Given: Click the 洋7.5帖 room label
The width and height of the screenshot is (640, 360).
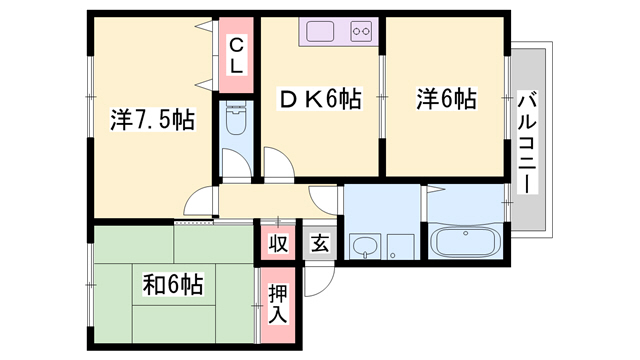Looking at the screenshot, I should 151,121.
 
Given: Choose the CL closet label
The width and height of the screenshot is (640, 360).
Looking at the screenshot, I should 237,54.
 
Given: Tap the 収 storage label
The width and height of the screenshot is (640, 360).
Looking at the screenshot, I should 277,243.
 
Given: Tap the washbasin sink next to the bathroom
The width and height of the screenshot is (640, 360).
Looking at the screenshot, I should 361,246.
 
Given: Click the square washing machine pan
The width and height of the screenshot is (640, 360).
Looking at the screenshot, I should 400,246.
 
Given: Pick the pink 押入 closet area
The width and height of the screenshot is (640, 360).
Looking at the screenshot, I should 279,304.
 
